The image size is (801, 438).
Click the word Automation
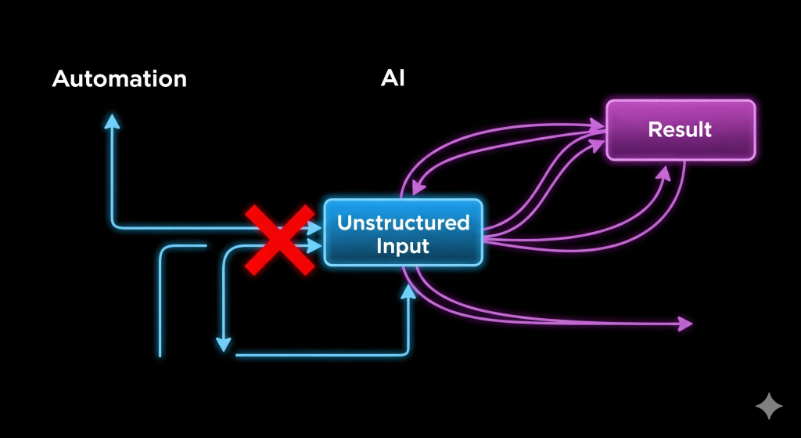pyautogui.click(x=120, y=79)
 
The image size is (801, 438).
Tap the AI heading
pyautogui.click(x=393, y=79)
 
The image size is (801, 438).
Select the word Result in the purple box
pyautogui.click(x=680, y=129)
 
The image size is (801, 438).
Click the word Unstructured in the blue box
pyautogui.click(x=403, y=223)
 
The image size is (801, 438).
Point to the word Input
pyautogui.click(x=403, y=246)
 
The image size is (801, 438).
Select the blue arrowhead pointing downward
pyautogui.click(x=224, y=343)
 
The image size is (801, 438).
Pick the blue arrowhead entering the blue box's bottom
pyautogui.click(x=408, y=291)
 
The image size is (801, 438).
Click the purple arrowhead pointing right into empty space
pyautogui.click(x=685, y=322)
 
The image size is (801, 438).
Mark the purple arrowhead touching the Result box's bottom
pyautogui.click(x=663, y=173)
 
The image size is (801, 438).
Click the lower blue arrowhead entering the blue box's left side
pyautogui.click(x=315, y=245)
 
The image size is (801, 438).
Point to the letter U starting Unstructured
pyautogui.click(x=343, y=223)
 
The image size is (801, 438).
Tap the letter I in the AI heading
pyautogui.click(x=402, y=79)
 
